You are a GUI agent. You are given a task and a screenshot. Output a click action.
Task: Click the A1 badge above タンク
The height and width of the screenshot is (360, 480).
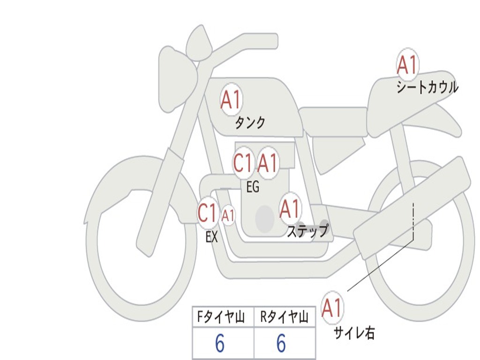click(231, 99)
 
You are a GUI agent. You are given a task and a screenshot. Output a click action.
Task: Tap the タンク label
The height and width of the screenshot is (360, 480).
click(250, 123)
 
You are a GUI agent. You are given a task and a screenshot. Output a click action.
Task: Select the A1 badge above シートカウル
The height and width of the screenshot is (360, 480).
click(407, 65)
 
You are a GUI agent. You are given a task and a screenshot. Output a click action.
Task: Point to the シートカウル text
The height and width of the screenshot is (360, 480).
click(427, 88)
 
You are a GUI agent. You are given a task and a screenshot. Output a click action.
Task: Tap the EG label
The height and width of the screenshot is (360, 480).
click(253, 187)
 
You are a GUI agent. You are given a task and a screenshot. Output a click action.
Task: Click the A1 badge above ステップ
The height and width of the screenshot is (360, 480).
click(290, 209)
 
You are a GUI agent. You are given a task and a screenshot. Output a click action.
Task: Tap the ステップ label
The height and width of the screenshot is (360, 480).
click(307, 231)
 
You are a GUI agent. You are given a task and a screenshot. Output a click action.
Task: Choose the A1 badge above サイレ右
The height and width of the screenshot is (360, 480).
click(332, 307)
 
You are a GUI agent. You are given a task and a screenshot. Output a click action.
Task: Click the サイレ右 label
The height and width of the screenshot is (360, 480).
click(354, 333)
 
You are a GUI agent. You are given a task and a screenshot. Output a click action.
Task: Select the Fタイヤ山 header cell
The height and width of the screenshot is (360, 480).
click(223, 318)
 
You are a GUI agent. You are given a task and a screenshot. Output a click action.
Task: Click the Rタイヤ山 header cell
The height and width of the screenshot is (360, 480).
click(285, 318)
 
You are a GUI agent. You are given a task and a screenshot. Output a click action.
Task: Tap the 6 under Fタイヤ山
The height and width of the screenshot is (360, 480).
click(220, 344)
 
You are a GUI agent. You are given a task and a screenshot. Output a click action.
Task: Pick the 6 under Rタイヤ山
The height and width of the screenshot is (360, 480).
click(281, 344)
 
